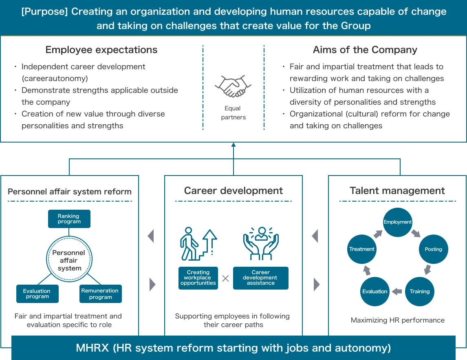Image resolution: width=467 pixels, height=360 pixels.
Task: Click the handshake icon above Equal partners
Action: pyautogui.click(x=233, y=86)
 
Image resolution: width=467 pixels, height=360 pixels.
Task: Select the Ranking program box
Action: pyautogui.click(x=69, y=219)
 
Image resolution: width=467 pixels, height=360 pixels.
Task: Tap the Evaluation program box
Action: pyautogui.click(x=37, y=294)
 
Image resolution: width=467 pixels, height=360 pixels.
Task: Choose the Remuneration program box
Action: pyautogui.click(x=100, y=294)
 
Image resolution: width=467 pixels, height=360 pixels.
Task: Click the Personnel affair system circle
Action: pyautogui.click(x=69, y=259)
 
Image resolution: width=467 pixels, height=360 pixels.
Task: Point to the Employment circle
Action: pyautogui.click(x=398, y=222)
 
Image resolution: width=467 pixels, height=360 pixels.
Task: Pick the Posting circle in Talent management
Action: pyautogui.click(x=433, y=249)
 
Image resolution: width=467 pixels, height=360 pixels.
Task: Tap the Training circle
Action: pyautogui.click(x=420, y=292)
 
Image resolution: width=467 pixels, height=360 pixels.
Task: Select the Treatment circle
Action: pyautogui.click(x=361, y=249)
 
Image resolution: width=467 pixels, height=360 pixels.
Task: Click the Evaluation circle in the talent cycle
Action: pyautogui.click(x=374, y=292)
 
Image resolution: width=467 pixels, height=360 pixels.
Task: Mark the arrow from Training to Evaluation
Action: pyautogui.click(x=397, y=292)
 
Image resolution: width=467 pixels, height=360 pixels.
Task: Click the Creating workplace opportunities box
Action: pyautogui.click(x=198, y=278)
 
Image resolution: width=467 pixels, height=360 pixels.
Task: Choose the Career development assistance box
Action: pyautogui.click(x=261, y=278)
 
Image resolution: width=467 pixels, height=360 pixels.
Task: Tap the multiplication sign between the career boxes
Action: pyautogui.click(x=225, y=279)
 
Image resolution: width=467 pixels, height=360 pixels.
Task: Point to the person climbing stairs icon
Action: pyautogui.click(x=198, y=244)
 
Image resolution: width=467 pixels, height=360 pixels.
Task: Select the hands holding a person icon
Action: pyautogui.click(x=261, y=244)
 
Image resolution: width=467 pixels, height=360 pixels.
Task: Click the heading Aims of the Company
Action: pyautogui.click(x=365, y=50)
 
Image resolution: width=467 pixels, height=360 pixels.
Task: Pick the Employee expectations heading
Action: pyautogui.click(x=101, y=50)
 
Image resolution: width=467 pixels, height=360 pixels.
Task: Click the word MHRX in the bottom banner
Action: pyautogui.click(x=93, y=348)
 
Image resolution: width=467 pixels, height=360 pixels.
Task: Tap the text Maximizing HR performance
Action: pyautogui.click(x=398, y=320)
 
